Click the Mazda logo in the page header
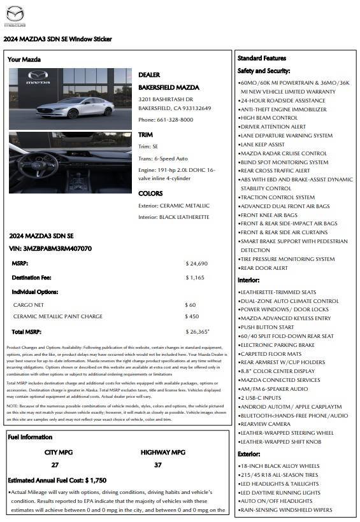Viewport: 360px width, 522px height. (x=15, y=15)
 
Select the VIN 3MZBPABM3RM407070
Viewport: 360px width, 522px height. (x=51, y=248)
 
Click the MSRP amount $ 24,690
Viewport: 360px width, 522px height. (x=197, y=263)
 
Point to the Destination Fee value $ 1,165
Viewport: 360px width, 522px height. (x=195, y=278)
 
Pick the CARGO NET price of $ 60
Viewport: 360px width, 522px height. (x=191, y=305)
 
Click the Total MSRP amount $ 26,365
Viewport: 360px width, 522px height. (x=197, y=332)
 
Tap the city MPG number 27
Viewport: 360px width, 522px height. (x=55, y=465)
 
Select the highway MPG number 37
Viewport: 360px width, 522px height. (x=158, y=465)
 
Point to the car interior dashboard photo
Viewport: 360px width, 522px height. (x=70, y=162)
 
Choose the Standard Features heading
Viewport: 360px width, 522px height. (x=262, y=58)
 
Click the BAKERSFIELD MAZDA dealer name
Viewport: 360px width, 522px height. (x=169, y=87)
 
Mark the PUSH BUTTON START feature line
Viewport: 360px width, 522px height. (x=267, y=327)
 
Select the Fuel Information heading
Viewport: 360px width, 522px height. (x=30, y=437)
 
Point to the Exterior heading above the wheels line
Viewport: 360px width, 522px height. (x=248, y=455)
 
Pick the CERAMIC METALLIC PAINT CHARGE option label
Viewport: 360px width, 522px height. (x=58, y=316)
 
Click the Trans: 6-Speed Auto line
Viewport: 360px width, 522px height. (x=163, y=158)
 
